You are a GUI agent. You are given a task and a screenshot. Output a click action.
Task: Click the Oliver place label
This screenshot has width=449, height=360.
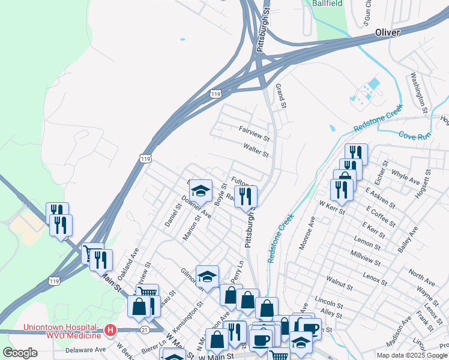[x=387, y=32]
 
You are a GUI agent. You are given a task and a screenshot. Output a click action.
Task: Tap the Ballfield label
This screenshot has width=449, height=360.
[x=327, y=3]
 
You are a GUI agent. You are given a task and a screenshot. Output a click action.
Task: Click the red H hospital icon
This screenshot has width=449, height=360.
[x=110, y=329]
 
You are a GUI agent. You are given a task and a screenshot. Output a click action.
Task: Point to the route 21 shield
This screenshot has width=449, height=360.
[x=144, y=329]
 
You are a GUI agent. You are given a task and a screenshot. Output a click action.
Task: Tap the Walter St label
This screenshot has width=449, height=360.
[x=256, y=149]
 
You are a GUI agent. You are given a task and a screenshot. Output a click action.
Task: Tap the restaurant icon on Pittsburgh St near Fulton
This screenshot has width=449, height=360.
[x=246, y=196]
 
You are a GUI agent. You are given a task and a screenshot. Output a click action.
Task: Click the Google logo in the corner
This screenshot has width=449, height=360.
[x=20, y=353]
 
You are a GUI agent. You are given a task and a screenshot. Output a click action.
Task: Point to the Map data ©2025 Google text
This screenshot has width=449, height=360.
[x=411, y=355]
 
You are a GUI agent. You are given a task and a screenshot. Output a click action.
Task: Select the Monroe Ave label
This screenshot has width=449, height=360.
[x=305, y=233]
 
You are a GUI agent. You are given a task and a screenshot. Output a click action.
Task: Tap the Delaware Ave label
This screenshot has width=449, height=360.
[x=85, y=349]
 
